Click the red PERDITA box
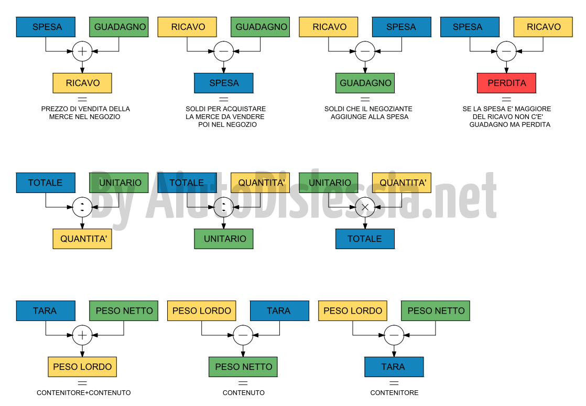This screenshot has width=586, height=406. pyautogui.click(x=506, y=83)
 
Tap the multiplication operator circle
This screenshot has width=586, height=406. pyautogui.click(x=365, y=207)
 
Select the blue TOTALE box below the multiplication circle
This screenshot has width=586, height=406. pyautogui.click(x=365, y=239)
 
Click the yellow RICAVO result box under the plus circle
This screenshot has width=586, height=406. pyautogui.click(x=82, y=83)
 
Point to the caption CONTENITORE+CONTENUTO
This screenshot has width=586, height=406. pyautogui.click(x=84, y=392)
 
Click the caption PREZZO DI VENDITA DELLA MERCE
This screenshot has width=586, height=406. pyautogui.click(x=85, y=113)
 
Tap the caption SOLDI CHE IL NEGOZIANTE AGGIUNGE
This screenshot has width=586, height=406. pyautogui.click(x=368, y=113)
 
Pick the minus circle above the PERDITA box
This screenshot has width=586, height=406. pyautogui.click(x=506, y=51)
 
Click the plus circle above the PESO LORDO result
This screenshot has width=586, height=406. pyautogui.click(x=82, y=335)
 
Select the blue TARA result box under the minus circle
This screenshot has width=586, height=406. pyautogui.click(x=394, y=367)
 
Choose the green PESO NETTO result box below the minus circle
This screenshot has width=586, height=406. pyautogui.click(x=243, y=367)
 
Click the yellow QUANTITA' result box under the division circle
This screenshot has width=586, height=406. pyautogui.click(x=82, y=239)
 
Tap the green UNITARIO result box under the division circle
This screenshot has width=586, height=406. pyautogui.click(x=223, y=239)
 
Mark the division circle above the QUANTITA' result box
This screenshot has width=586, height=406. pyautogui.click(x=82, y=207)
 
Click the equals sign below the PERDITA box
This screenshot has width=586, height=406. pyautogui.click(x=506, y=100)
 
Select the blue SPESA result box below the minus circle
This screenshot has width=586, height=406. pyautogui.click(x=223, y=83)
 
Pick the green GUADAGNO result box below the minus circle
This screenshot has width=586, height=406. pyautogui.click(x=365, y=83)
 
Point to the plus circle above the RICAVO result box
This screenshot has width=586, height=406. pyautogui.click(x=82, y=51)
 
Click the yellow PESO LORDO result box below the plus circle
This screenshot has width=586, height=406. pyautogui.click(x=82, y=367)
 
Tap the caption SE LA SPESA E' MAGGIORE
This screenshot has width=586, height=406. pyautogui.click(x=507, y=116)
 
